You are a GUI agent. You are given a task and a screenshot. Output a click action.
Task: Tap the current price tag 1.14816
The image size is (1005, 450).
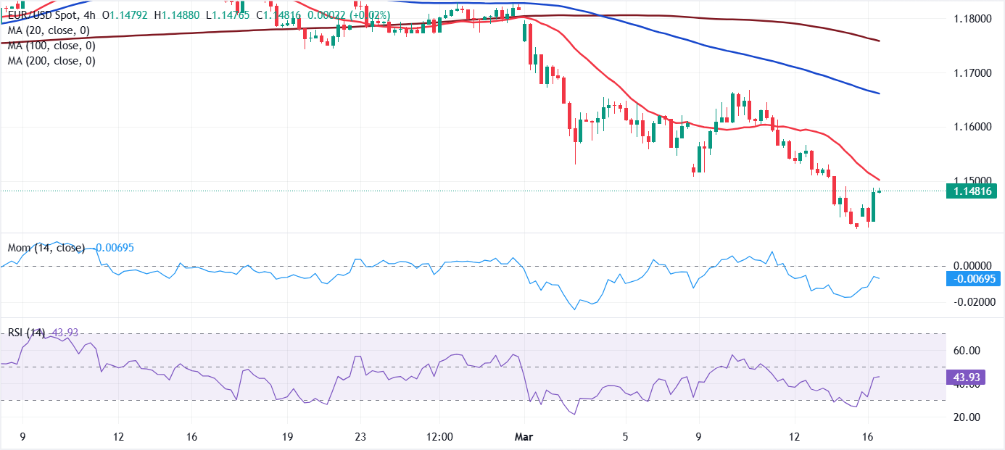click(972, 191)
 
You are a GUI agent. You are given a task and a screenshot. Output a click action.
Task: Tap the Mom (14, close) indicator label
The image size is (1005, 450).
click(46, 248)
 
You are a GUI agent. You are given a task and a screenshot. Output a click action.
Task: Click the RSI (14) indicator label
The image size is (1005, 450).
click(26, 333)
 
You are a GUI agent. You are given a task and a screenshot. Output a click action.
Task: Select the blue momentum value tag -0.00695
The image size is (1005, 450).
click(972, 279)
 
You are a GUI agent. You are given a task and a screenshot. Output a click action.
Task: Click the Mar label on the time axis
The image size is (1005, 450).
click(524, 437)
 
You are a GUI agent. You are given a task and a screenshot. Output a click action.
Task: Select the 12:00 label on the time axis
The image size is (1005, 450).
click(440, 437)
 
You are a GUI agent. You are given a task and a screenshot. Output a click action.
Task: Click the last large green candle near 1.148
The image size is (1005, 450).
click(874, 206)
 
